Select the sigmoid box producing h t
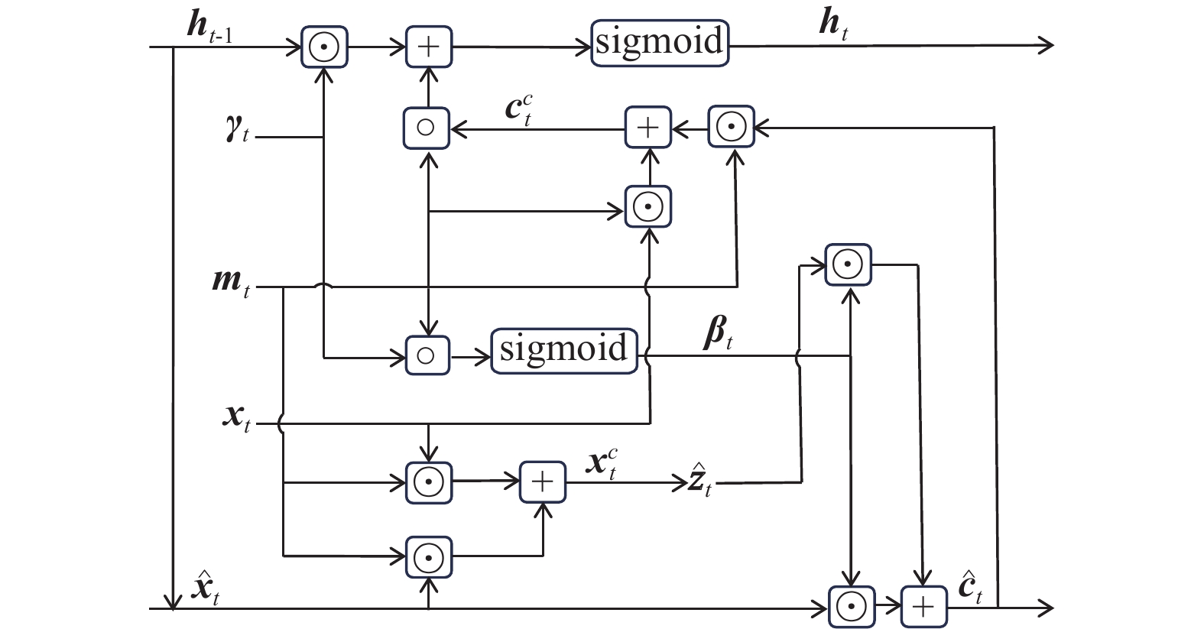659,43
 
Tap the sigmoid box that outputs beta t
563,351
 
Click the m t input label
231,284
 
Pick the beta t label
717,336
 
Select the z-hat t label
698,483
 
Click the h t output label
832,26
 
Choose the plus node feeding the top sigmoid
428,47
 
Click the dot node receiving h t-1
325,47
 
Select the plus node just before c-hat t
923,607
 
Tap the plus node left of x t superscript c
542,482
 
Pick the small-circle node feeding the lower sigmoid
427,355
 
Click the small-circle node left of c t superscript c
427,127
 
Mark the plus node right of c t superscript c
647,127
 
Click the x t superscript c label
602,464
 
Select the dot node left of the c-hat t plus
851,607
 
